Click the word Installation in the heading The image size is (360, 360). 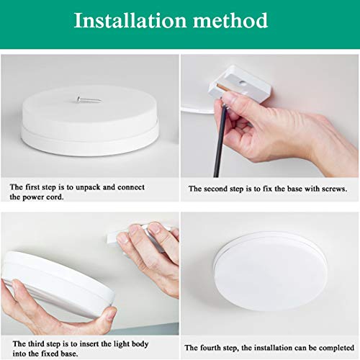click(x=130, y=20)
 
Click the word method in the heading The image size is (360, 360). click(x=230, y=20)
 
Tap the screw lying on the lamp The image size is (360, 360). click(x=88, y=99)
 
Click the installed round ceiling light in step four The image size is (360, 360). click(x=270, y=271)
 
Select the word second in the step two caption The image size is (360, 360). click(x=214, y=189)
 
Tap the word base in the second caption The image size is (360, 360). click(x=294, y=189)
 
